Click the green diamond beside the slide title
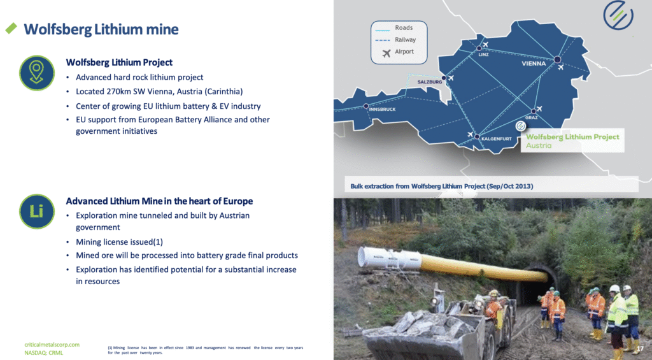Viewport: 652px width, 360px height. tap(11, 28)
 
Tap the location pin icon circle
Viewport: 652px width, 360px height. tap(36, 73)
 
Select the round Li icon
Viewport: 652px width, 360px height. tap(36, 212)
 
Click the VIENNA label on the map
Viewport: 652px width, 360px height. tap(534, 64)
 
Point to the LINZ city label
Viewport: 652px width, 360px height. tap(483, 55)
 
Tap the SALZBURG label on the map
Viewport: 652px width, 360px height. tap(430, 82)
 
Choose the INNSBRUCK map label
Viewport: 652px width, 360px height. tap(382, 110)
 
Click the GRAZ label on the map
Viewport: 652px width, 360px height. tap(532, 118)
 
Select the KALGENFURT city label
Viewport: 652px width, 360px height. tap(497, 139)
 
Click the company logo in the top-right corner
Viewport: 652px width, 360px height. tap(618, 15)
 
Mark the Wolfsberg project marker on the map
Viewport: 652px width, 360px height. tap(521, 126)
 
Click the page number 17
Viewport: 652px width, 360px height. tap(640, 349)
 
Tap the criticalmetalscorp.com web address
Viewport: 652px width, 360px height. tap(52, 345)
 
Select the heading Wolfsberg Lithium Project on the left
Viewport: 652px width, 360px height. tap(119, 62)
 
